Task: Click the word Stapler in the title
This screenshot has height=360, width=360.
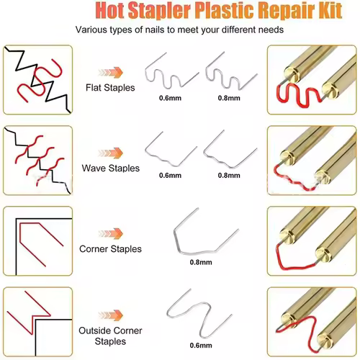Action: point(159,11)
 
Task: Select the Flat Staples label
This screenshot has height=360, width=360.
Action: point(110,88)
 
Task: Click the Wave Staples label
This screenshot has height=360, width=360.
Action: point(110,168)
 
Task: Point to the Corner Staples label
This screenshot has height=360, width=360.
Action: point(110,249)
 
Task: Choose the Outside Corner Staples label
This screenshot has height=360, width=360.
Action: point(110,336)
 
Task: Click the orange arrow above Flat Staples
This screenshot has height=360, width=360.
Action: point(111,72)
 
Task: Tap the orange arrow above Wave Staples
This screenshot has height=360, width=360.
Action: point(111,153)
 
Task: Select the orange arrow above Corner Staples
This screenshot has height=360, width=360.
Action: point(111,233)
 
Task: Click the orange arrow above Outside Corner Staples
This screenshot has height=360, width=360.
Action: point(111,315)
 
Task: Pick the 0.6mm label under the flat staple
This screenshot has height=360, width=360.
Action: point(170,98)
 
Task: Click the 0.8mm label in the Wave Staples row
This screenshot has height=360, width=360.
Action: point(229,176)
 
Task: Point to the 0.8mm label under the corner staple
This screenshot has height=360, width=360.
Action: point(201,262)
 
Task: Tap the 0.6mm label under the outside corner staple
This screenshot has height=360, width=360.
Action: point(201,346)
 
